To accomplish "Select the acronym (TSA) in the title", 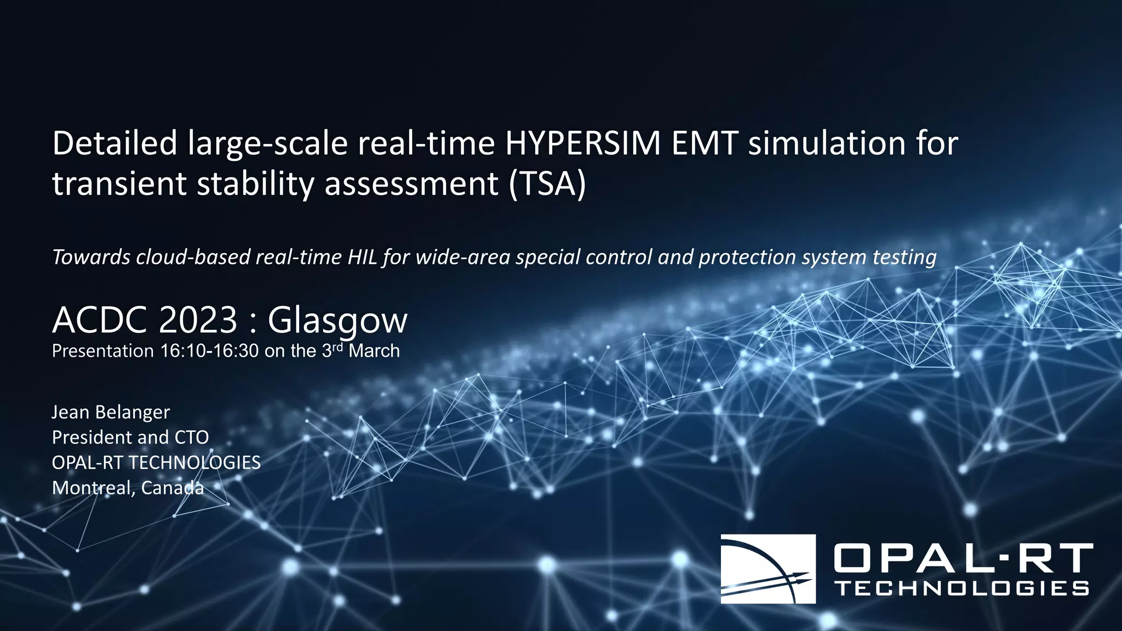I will click(547, 183).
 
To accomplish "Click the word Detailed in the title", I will click(115, 144).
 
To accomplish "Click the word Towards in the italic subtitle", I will click(91, 257).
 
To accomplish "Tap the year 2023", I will click(198, 320).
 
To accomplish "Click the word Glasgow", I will click(337, 321).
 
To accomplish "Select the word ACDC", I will click(99, 320).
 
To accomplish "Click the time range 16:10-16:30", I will click(209, 351).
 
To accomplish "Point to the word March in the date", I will click(374, 351).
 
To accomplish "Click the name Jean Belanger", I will click(111, 412).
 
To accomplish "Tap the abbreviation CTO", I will click(191, 438).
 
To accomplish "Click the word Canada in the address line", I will click(172, 488).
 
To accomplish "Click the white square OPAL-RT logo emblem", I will click(768, 569).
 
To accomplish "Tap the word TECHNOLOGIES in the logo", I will click(963, 589).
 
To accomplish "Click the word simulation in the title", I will click(827, 144).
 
